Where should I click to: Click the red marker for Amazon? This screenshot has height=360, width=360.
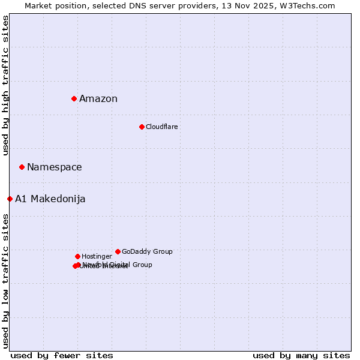(x=74, y=98)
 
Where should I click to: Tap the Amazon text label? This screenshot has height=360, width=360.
(x=98, y=99)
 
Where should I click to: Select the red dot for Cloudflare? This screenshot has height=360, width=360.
(x=142, y=127)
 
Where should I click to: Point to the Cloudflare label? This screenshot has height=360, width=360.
(x=161, y=127)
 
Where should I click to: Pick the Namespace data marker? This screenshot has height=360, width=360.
(x=22, y=167)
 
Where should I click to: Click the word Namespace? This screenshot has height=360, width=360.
(x=55, y=167)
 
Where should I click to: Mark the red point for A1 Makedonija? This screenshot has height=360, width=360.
(x=10, y=199)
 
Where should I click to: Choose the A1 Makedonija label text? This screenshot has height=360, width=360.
(x=50, y=199)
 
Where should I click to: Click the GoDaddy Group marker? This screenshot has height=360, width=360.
(x=118, y=251)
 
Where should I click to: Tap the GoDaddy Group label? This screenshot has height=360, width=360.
(x=147, y=251)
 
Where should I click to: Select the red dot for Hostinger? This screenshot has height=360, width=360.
(x=77, y=256)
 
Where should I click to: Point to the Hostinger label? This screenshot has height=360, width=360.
(x=97, y=256)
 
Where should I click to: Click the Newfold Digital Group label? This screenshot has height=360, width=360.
(x=120, y=264)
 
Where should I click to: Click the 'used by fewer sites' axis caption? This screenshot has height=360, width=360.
(x=62, y=355)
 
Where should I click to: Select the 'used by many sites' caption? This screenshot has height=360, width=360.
(x=301, y=355)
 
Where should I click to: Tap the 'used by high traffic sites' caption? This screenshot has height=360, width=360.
(x=5, y=85)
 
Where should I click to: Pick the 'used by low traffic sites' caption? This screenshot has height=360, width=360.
(x=5, y=281)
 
